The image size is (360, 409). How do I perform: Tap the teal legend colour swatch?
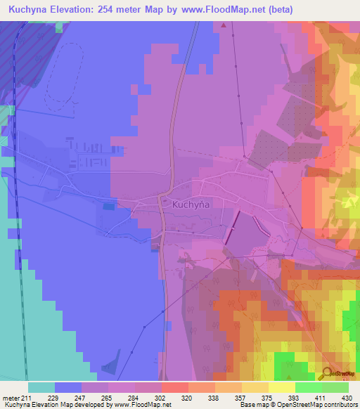(41, 387)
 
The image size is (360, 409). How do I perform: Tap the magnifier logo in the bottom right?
(328, 373)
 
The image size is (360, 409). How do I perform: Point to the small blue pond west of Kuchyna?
(108, 206)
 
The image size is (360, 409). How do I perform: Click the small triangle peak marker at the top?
(224, 25)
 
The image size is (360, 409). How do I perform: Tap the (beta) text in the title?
(276, 9)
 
